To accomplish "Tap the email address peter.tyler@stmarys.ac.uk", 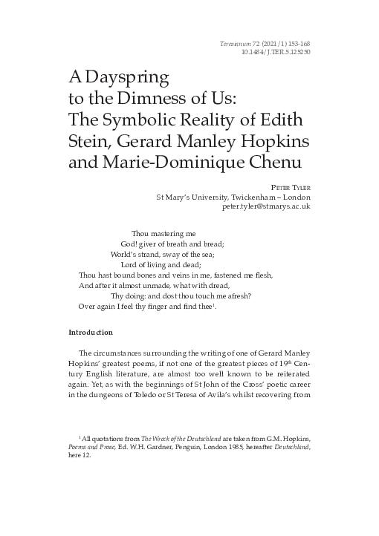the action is (266, 206).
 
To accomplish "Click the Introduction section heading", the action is (91, 332).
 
